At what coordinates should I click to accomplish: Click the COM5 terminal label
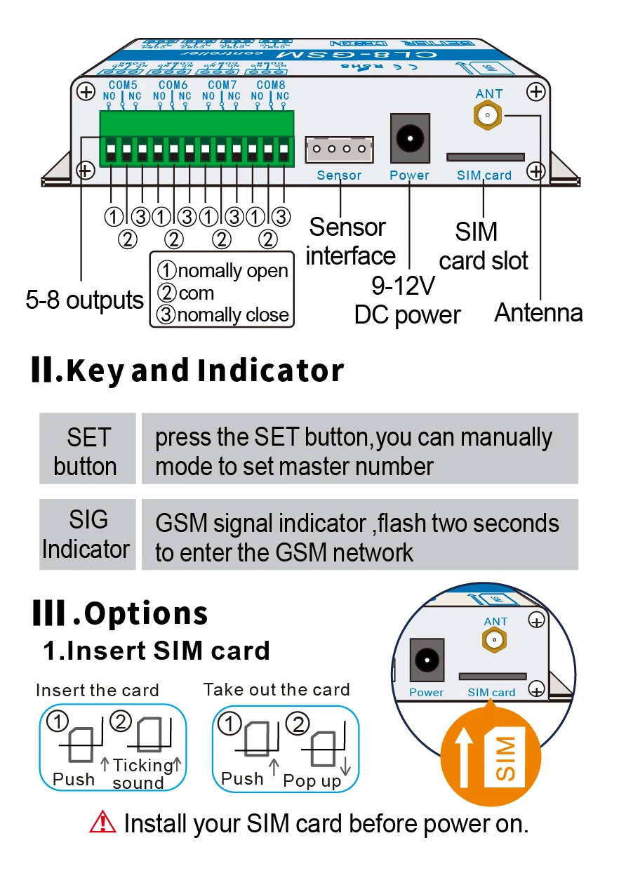(123, 84)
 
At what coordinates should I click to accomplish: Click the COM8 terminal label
(270, 84)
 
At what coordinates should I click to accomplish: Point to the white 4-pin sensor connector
(339, 149)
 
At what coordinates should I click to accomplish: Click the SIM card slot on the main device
(486, 157)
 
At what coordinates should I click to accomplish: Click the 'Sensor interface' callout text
(349, 241)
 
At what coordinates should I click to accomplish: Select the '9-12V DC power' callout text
(407, 300)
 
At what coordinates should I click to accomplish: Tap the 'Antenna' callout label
(538, 313)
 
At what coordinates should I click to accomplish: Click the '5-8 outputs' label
(85, 300)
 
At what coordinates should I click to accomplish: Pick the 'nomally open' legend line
(223, 271)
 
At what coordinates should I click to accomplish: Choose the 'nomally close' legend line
(223, 315)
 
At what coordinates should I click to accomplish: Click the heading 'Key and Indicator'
(188, 371)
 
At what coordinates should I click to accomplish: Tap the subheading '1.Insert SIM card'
(157, 651)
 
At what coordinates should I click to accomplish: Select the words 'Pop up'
(312, 781)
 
